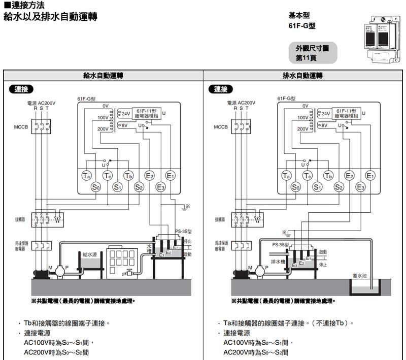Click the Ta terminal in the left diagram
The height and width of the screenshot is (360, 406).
pos(86,176)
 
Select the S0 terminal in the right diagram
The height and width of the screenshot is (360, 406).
pos(296,187)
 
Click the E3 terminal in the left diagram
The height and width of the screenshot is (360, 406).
pos(161,187)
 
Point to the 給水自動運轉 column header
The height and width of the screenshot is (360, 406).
pos(103,76)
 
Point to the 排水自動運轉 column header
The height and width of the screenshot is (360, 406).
pos(303,76)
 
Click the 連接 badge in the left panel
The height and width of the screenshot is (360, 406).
pos(21,89)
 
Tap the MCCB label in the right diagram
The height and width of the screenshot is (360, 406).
pos(221,126)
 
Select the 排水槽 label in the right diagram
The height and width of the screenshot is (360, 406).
pos(277,262)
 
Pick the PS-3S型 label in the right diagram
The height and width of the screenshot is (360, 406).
pos(280,244)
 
